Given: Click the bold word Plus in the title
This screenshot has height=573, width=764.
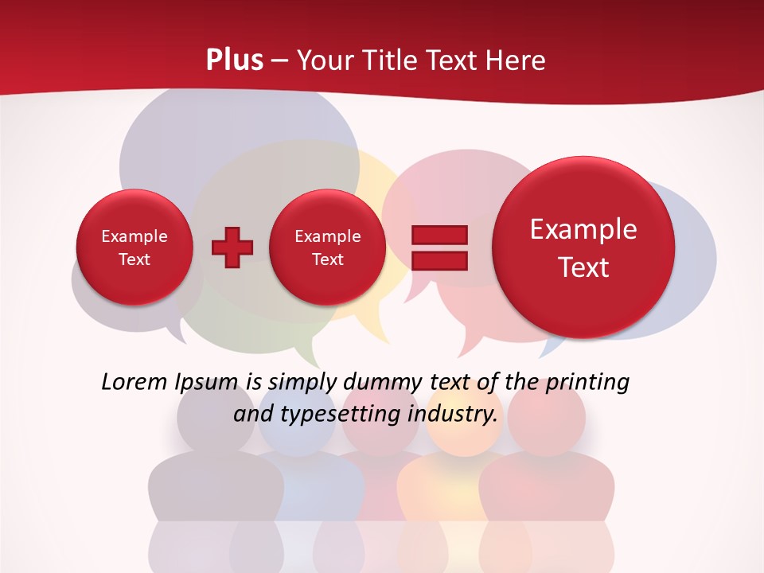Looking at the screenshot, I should pyautogui.click(x=234, y=60).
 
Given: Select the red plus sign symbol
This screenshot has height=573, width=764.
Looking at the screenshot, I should pyautogui.click(x=232, y=248).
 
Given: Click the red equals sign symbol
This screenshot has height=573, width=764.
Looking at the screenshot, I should pyautogui.click(x=439, y=248).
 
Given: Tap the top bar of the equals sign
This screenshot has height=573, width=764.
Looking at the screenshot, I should pyautogui.click(x=439, y=235).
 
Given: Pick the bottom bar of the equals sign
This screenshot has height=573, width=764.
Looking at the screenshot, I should pyautogui.click(x=439, y=260).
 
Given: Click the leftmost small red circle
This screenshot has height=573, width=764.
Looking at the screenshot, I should pyautogui.click(x=134, y=248).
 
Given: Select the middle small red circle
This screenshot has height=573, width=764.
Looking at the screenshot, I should pyautogui.click(x=327, y=248).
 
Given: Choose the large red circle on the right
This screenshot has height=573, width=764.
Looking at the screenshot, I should pyautogui.click(x=583, y=248).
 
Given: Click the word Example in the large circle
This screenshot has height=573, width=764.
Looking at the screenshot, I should pyautogui.click(x=583, y=229).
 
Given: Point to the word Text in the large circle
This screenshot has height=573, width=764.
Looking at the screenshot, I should pyautogui.click(x=583, y=267).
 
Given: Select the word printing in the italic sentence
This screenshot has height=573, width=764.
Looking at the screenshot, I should pyautogui.click(x=587, y=382).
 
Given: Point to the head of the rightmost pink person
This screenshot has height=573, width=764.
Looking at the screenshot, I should pyautogui.click(x=547, y=418).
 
